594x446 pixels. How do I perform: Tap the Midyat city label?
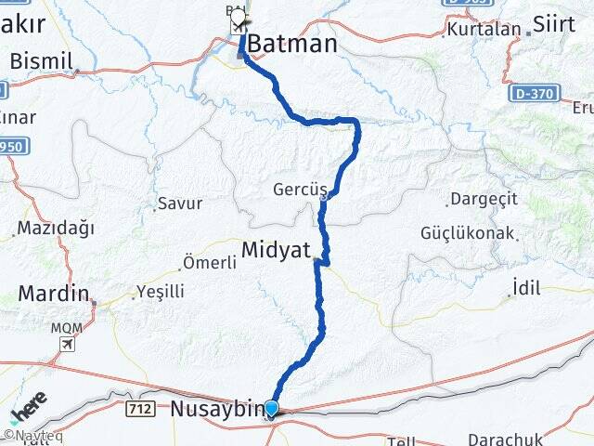pyautogui.click(x=276, y=249)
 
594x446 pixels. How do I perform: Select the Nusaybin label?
pyautogui.click(x=215, y=408)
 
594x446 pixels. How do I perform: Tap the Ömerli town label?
pyautogui.click(x=210, y=262)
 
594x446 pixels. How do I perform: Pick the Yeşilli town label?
pyautogui.click(x=160, y=291)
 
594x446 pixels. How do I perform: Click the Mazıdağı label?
pyautogui.click(x=56, y=227)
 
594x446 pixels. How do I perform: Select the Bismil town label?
pyautogui.click(x=41, y=60)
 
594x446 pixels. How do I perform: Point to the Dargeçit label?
pyautogui.click(x=480, y=199)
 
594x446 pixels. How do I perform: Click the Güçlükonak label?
pyautogui.click(x=467, y=232)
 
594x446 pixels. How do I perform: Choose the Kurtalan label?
pyautogui.click(x=484, y=29)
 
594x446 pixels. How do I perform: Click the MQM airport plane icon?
pyautogui.click(x=67, y=344)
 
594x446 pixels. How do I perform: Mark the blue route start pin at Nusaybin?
pyautogui.click(x=271, y=408)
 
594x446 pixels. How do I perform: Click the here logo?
pyautogui.click(x=29, y=409)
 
